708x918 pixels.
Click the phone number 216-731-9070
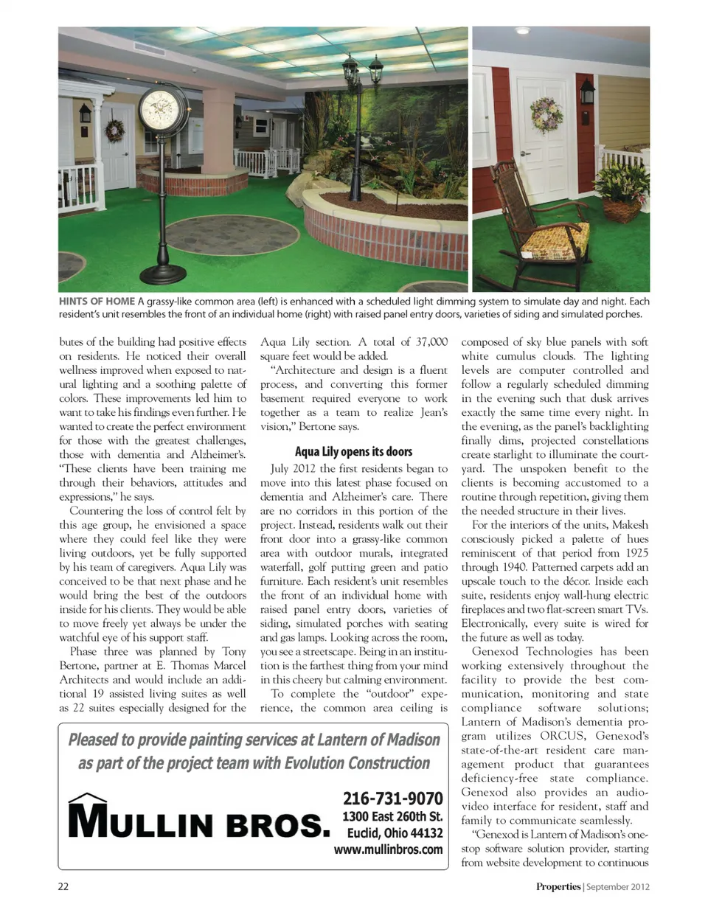pyautogui.click(x=392, y=799)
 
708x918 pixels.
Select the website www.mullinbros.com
pyautogui.click(x=388, y=849)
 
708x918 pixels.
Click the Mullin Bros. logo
pyautogui.click(x=198, y=818)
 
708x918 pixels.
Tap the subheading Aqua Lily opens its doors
pyautogui.click(x=353, y=451)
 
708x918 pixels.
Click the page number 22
pyautogui.click(x=63, y=886)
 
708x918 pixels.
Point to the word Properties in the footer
pyautogui.click(x=558, y=886)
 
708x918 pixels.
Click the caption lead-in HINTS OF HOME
pyautogui.click(x=97, y=301)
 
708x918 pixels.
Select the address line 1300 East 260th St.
pyautogui.click(x=392, y=816)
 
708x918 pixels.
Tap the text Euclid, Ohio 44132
pyautogui.click(x=395, y=833)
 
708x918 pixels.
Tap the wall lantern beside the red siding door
pyautogui.click(x=587, y=91)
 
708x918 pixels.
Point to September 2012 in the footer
pyautogui.click(x=618, y=886)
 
